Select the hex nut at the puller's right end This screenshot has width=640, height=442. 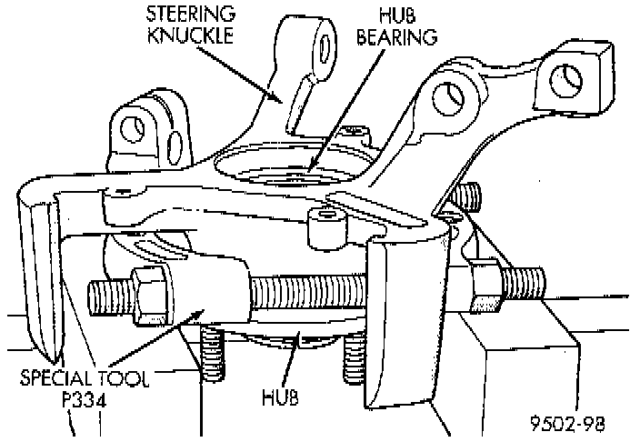coord(482,279)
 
